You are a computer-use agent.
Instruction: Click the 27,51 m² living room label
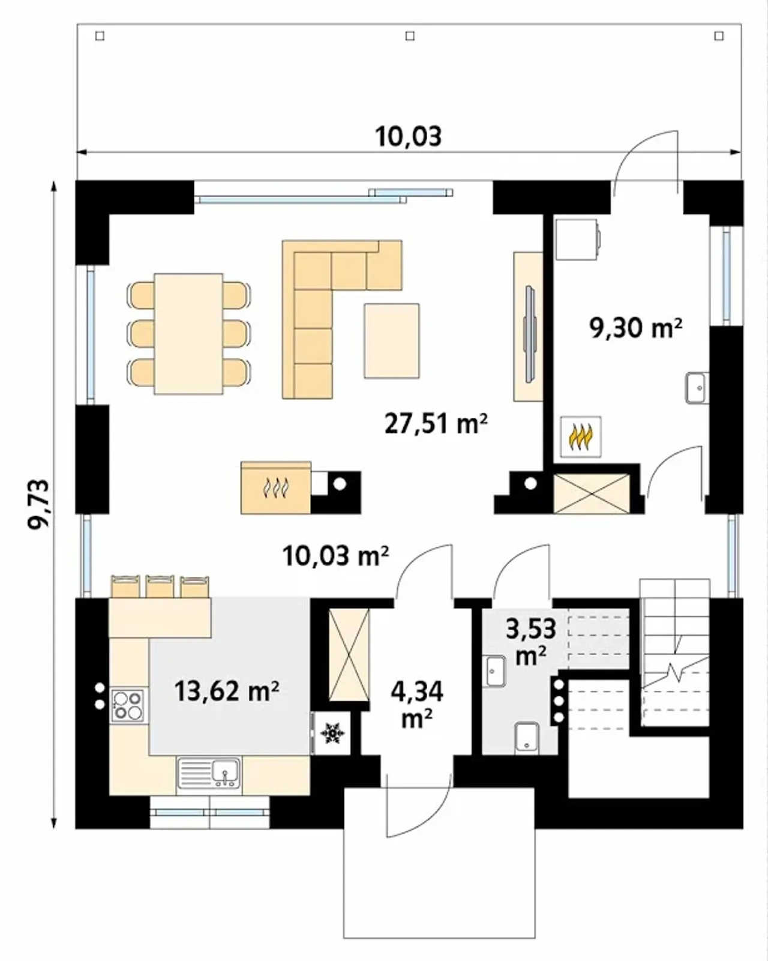pos(436,424)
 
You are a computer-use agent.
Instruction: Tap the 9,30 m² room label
pos(636,328)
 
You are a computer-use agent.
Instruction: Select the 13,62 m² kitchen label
pos(227,691)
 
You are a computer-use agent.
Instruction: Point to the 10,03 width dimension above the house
pos(409,136)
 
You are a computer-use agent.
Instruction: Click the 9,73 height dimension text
pos(39,505)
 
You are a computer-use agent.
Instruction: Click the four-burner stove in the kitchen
pos(128,705)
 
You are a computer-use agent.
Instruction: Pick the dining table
pos(188,334)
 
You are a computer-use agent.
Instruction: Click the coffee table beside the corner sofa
pos(392,341)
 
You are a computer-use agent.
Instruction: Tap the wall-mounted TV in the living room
pos(530,334)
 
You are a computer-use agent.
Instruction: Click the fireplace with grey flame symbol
pos(276,487)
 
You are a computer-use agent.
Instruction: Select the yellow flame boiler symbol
pos(580,437)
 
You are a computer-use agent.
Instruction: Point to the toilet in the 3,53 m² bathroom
pos(527,739)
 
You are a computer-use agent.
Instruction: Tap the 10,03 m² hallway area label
pos(336,556)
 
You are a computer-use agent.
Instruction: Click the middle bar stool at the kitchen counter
pos(160,586)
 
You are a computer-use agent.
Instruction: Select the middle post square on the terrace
pos(410,36)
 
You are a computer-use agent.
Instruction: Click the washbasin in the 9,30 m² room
pos(697,388)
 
